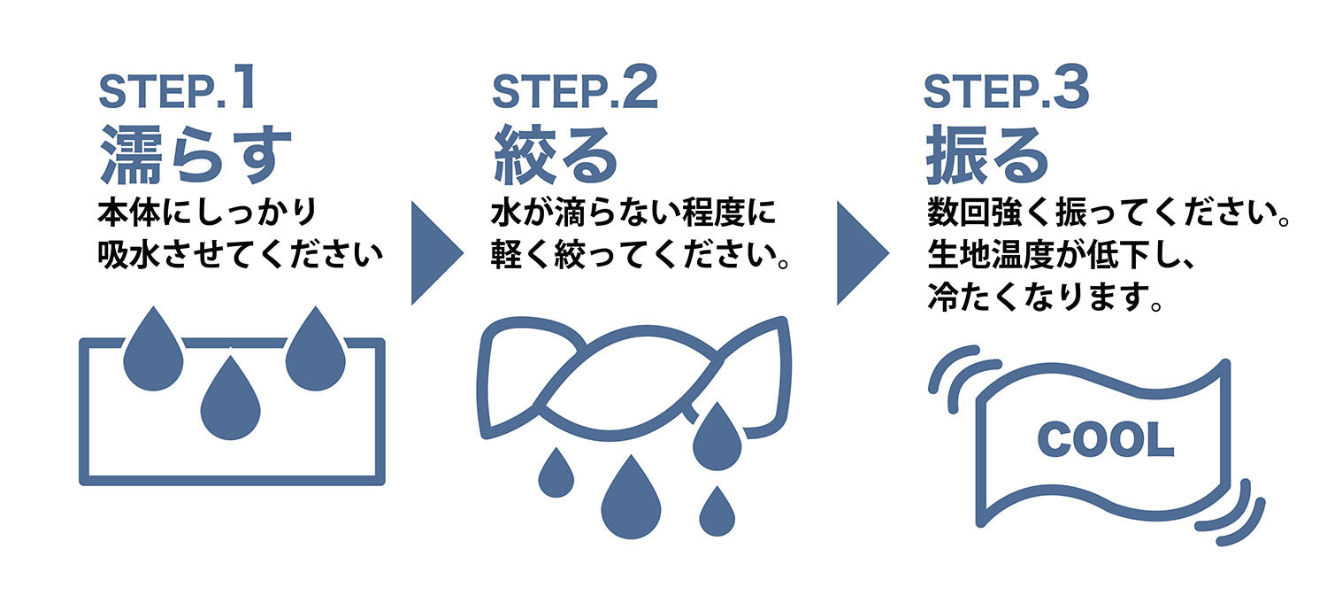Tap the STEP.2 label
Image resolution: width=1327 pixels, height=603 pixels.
pos(575,89)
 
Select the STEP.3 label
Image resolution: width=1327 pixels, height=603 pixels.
pos(1006,89)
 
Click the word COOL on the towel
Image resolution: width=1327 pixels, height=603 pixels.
pos(1105,439)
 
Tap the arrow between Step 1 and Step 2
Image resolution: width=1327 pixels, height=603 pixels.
pos(434,252)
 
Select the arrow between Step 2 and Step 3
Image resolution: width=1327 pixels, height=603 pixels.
pos(860,252)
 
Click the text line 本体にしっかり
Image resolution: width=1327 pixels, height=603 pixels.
pos(207,215)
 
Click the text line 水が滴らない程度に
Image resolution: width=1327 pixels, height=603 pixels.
pos(633,215)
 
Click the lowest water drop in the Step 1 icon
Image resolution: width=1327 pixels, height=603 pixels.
pos(231,403)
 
